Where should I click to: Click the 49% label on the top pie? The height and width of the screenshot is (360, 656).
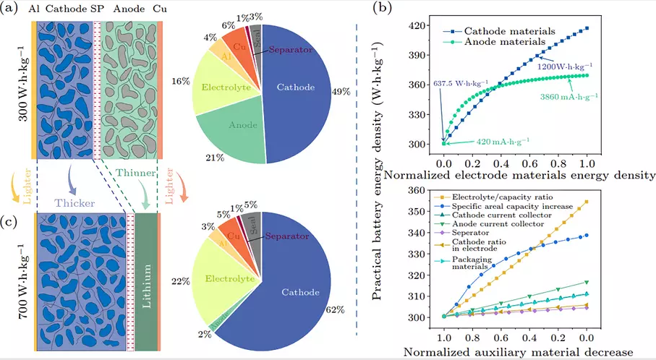click(341, 93)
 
